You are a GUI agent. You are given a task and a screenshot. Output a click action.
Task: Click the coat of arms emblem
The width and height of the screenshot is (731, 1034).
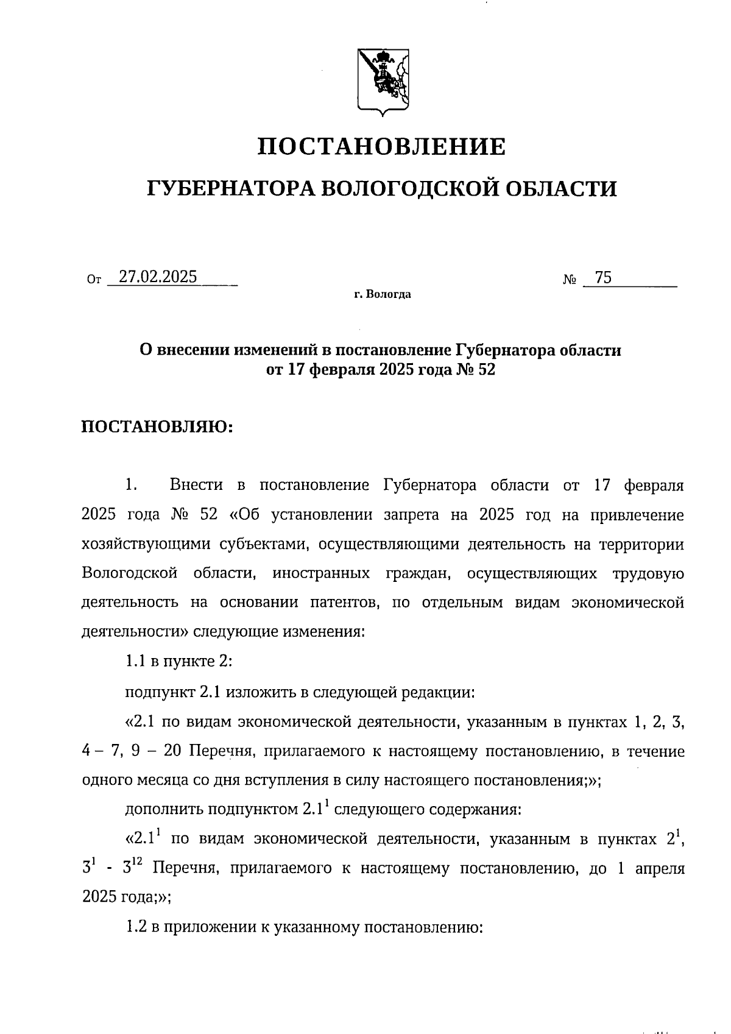[383, 81]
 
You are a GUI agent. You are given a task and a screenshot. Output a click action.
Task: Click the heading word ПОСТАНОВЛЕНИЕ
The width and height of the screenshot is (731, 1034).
[382, 147]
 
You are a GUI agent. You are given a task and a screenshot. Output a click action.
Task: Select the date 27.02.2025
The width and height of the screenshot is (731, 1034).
[158, 277]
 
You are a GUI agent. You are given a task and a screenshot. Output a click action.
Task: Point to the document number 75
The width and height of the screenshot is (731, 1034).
[603, 278]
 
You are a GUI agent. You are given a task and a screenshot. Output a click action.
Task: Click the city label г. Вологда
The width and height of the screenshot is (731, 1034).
[383, 295]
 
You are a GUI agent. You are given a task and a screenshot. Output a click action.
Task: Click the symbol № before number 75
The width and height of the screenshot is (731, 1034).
[570, 280]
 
